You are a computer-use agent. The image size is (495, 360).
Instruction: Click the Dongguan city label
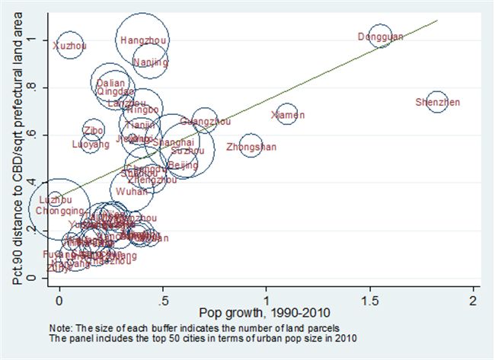[x=380, y=37]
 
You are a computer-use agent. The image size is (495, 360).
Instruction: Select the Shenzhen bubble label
[x=438, y=102]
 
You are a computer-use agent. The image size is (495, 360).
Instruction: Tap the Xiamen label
[x=288, y=115]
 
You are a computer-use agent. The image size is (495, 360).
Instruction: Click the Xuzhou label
[x=69, y=46]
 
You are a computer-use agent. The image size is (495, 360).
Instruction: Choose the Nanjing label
[x=151, y=62]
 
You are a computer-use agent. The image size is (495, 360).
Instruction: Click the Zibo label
[x=94, y=130]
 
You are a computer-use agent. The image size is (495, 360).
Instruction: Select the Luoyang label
[x=91, y=144]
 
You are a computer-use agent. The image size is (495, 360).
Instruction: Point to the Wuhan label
[x=132, y=192]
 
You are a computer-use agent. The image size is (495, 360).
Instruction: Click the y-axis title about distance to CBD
[x=18, y=152]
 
